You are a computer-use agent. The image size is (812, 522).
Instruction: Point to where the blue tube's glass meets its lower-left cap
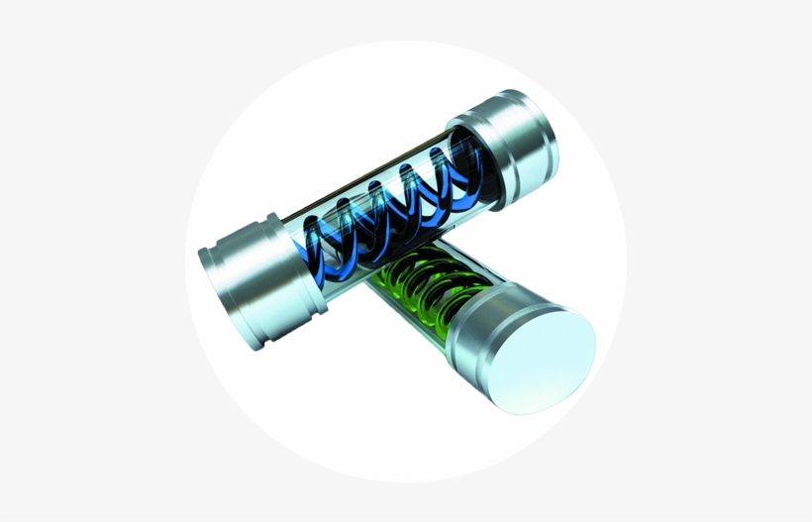tap(292, 253)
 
